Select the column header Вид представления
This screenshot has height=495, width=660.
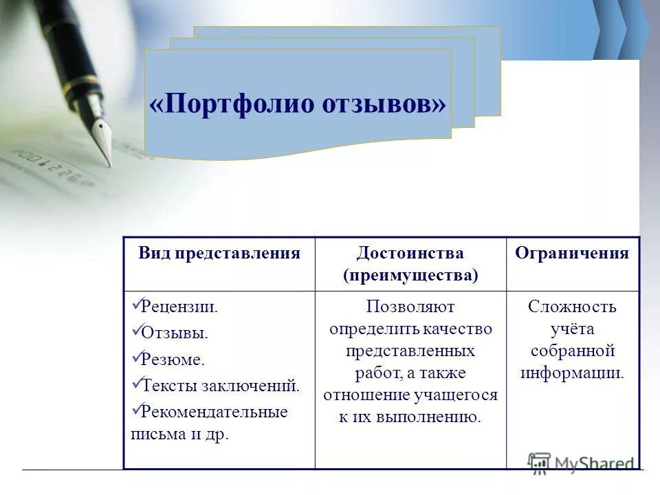[x=219, y=253]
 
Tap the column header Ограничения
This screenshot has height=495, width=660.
[x=572, y=253]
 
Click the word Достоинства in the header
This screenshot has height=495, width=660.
[x=410, y=253]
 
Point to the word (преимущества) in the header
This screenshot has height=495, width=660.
[x=410, y=275]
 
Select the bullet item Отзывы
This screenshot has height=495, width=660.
[x=175, y=333]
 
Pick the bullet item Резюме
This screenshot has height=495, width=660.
[x=173, y=359]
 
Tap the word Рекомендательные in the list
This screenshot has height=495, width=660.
[x=214, y=412]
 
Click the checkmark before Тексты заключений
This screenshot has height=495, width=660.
[x=135, y=384]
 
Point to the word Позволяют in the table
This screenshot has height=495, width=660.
[x=410, y=307]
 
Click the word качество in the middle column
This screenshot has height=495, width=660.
[x=457, y=329]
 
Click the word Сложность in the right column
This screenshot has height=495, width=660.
[x=572, y=307]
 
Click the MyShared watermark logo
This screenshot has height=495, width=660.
[x=581, y=462]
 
